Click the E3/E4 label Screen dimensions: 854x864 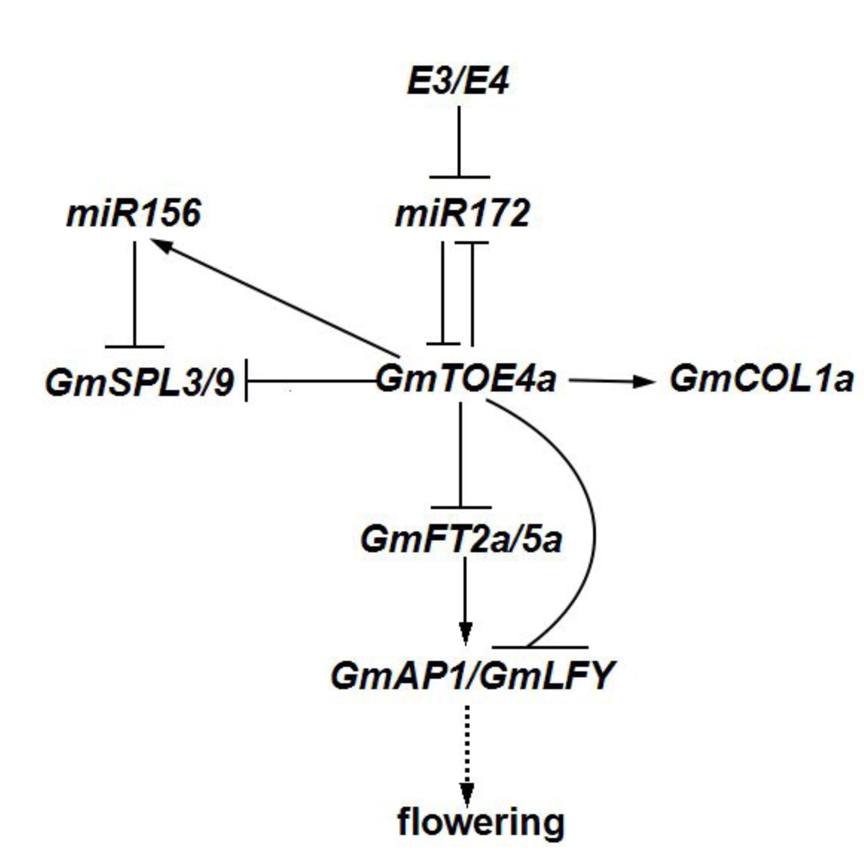point(458,81)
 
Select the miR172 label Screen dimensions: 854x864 point(462,213)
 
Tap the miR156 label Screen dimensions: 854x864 point(134,213)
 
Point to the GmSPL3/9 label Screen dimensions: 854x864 point(140,382)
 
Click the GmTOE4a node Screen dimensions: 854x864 point(465,379)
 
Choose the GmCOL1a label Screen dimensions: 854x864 point(761,379)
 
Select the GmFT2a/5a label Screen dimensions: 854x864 point(461,539)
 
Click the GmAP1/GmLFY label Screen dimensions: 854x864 point(472,675)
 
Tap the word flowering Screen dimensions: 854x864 point(480,822)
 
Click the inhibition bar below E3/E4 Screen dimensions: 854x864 point(459,177)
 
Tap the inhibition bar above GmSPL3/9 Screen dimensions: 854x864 point(134,347)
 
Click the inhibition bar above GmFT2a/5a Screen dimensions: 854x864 point(461,506)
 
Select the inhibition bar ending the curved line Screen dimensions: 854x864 point(540,647)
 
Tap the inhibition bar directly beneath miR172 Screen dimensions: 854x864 point(472,243)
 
